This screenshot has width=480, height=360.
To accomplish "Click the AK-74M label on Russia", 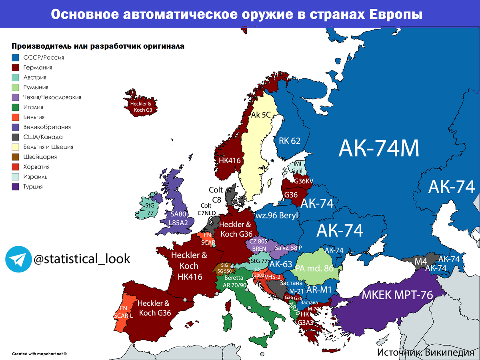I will (378, 148).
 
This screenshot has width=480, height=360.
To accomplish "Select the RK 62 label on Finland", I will (290, 140).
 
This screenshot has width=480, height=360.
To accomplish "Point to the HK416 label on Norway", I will (229, 160).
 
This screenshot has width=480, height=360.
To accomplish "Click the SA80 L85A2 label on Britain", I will (178, 218).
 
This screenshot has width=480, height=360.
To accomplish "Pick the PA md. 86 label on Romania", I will (314, 268).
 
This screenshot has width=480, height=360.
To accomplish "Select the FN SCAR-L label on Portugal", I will (123, 312).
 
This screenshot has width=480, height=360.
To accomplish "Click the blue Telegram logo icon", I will (18, 259).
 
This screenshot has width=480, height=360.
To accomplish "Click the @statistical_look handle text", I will (82, 259).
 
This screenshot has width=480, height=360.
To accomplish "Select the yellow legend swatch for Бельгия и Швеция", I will (15, 147).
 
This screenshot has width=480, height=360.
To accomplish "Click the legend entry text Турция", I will (33, 186).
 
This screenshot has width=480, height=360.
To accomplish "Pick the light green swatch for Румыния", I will (15, 87).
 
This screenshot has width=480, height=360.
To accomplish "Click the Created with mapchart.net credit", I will (39, 354).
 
